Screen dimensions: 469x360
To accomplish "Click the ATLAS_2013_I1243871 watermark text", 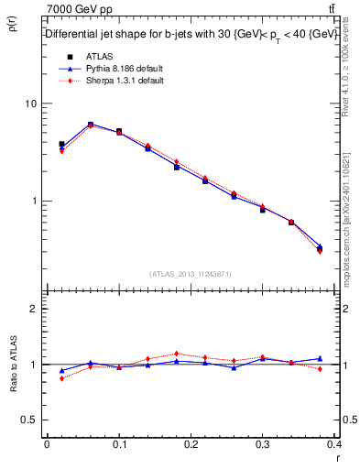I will click(x=191, y=274).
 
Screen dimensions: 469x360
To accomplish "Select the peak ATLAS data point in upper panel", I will click(x=91, y=125).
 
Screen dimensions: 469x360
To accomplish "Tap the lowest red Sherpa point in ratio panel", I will click(x=61, y=378).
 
